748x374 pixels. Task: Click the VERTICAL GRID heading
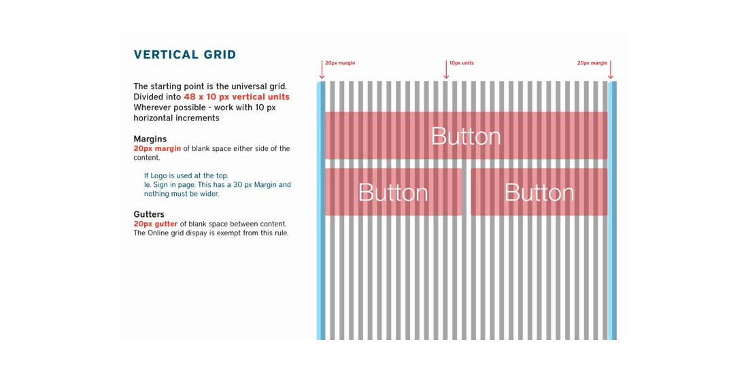coord(184,55)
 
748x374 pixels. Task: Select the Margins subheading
coord(150,139)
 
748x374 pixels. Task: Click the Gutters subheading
coord(149,215)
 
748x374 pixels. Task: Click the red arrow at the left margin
coord(322,69)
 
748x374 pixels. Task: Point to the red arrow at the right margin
coord(611,69)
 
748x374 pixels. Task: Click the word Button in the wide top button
coord(466,137)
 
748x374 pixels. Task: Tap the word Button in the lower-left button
coord(393,192)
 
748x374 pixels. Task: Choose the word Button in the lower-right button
coord(539,192)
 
